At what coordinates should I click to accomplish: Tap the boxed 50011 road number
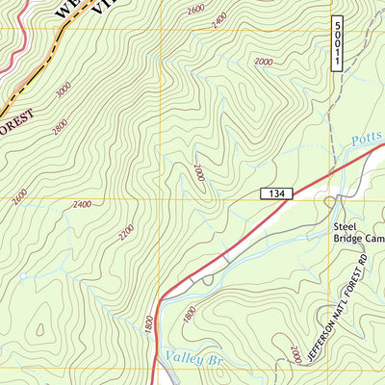[x=338, y=42]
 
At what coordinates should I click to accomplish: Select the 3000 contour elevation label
[x=64, y=91]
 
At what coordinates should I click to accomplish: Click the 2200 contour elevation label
[x=125, y=234]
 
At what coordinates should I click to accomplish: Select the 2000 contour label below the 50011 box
[x=265, y=61]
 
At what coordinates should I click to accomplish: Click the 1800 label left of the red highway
[x=148, y=327]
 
